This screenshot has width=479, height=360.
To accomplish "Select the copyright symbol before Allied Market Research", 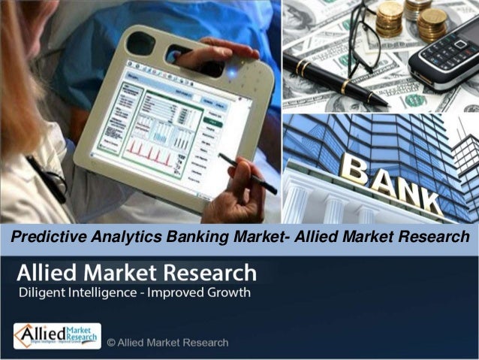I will click(x=111, y=343).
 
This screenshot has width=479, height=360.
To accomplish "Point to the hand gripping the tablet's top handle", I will click(x=218, y=53).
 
